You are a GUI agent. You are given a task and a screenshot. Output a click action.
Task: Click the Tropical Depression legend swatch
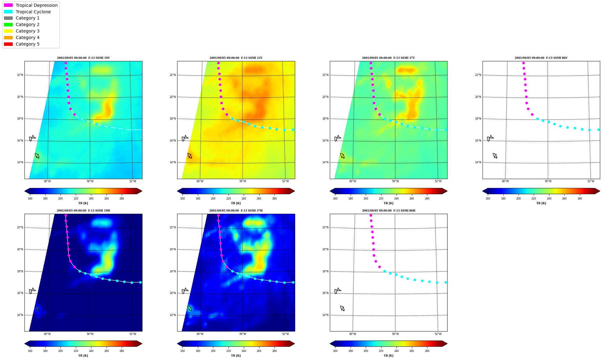click(8, 5)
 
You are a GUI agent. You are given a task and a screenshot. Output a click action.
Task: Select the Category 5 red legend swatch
click(8, 44)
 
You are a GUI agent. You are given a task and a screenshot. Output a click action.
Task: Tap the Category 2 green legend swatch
click(8, 24)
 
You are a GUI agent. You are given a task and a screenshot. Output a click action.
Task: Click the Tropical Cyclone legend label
click(33, 12)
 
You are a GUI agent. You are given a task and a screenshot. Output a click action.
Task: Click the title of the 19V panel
click(83, 58)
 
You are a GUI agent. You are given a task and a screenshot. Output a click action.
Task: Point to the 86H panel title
click(389, 211)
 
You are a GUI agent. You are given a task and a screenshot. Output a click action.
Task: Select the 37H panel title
click(236, 211)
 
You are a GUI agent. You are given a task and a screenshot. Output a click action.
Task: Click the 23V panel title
click(236, 58)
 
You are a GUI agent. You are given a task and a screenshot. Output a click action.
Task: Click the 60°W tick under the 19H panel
click(47, 334)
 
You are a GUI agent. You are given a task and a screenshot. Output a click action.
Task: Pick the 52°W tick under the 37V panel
click(438, 181)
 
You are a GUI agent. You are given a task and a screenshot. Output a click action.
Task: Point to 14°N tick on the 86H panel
click(325, 315)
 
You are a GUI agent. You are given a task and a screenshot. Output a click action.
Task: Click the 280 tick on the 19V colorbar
click(122, 199)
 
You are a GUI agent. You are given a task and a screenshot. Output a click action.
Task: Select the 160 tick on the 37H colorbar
click(182, 351)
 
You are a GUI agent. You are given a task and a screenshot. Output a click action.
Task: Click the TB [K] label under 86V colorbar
click(541, 203)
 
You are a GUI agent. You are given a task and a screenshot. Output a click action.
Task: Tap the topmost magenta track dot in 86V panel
click(523, 63)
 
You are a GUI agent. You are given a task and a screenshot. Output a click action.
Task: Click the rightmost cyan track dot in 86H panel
click(446, 282)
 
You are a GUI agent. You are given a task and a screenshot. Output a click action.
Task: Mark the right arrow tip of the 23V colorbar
click(295, 191)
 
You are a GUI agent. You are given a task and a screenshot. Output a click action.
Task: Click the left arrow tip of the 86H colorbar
click(330, 344)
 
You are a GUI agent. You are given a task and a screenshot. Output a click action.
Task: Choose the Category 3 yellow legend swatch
click(8, 31)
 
